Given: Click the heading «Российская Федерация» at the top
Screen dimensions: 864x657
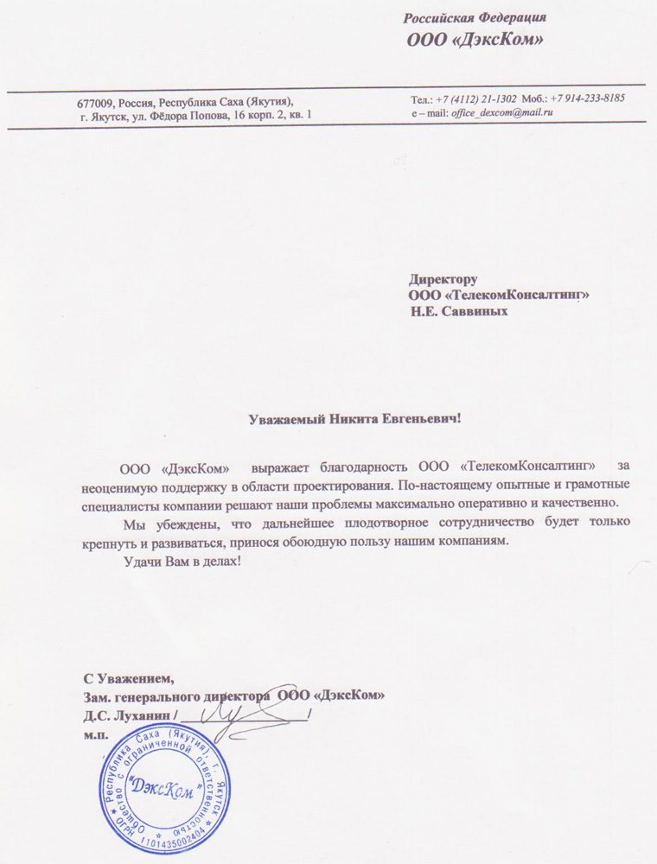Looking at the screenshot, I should click(x=477, y=17).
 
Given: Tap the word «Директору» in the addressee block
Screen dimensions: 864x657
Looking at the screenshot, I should click(x=443, y=280).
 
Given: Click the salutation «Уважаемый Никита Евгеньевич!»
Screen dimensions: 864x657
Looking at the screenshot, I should click(x=355, y=420).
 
